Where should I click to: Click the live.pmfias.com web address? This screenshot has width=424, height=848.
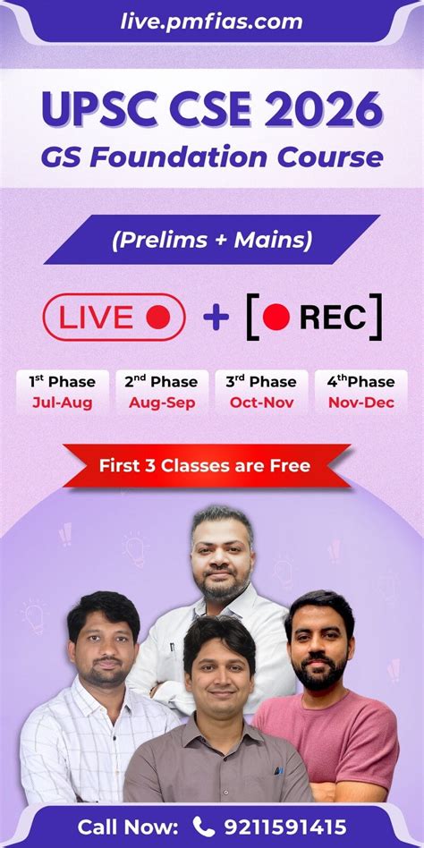click(x=212, y=22)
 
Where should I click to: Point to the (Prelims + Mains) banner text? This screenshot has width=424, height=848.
click(x=212, y=241)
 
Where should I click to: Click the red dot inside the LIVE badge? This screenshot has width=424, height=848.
click(x=158, y=317)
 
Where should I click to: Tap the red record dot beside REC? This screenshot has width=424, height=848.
click(x=276, y=317)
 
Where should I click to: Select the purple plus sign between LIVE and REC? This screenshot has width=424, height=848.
click(x=216, y=318)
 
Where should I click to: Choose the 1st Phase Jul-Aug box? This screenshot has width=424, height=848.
click(x=63, y=392)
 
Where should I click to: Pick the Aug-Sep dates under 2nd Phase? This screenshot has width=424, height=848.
click(x=162, y=403)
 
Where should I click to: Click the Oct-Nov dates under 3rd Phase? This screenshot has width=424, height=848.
click(x=262, y=403)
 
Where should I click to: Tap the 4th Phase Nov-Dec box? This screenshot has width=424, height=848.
click(x=361, y=392)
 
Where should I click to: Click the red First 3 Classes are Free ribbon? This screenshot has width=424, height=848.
click(x=207, y=466)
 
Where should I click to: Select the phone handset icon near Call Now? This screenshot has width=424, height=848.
click(x=204, y=827)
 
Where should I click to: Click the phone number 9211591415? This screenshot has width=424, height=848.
click(x=285, y=827)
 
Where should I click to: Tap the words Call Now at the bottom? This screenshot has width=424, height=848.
click(x=128, y=827)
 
